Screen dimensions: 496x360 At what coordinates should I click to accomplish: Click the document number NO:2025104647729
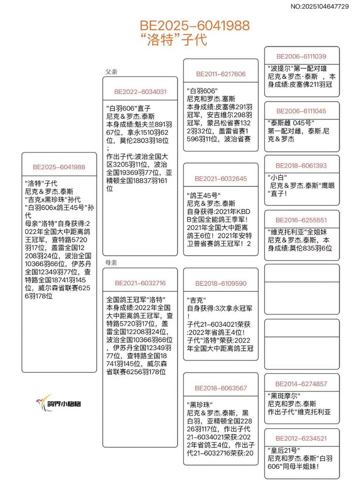click(x=320, y=6)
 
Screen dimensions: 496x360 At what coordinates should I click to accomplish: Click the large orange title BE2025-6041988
click(x=194, y=26)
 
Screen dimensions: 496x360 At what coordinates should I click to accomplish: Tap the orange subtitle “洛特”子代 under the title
click(x=174, y=40)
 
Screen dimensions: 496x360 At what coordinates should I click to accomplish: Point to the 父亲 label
click(x=111, y=72)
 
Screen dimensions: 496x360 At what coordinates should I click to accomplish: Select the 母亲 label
click(x=111, y=263)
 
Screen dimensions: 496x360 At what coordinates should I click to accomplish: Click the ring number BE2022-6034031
click(x=140, y=92)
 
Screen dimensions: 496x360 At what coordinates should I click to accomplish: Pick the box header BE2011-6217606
click(x=221, y=74)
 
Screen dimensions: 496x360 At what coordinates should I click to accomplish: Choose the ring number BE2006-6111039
click(x=301, y=57)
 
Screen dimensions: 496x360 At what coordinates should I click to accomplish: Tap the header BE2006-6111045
click(x=301, y=111)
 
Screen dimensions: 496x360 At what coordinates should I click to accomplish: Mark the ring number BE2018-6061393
click(x=301, y=166)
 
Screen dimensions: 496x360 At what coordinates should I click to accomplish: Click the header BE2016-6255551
click(x=301, y=220)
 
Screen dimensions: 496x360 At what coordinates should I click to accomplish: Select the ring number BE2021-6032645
click(x=221, y=179)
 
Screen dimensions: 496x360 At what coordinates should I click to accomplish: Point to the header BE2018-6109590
click(x=221, y=283)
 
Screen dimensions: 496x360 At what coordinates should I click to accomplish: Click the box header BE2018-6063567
click(x=221, y=388)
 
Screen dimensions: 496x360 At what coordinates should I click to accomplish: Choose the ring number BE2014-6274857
click(x=301, y=384)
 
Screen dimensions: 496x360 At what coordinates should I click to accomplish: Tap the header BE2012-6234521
click(x=301, y=438)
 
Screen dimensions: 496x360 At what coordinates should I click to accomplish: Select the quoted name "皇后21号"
click(x=284, y=450)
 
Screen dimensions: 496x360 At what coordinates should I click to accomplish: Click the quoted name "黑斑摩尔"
click(x=284, y=396)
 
